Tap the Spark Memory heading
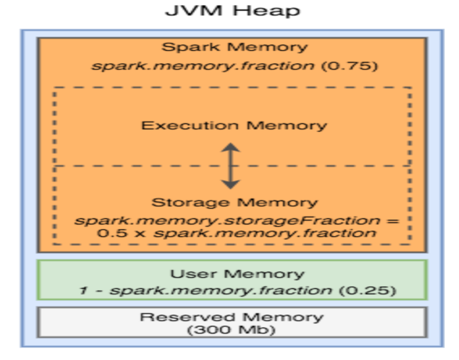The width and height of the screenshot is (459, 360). (x=234, y=47)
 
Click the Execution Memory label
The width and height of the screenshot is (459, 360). (x=234, y=126)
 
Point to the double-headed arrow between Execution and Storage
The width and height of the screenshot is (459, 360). (x=231, y=165)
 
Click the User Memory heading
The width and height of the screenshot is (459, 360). (x=237, y=274)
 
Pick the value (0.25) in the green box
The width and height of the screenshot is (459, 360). (x=367, y=291)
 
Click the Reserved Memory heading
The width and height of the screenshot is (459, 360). (x=231, y=317)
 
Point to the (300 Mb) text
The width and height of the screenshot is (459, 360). (x=231, y=330)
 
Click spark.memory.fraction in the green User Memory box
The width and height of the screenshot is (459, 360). (x=221, y=291)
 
